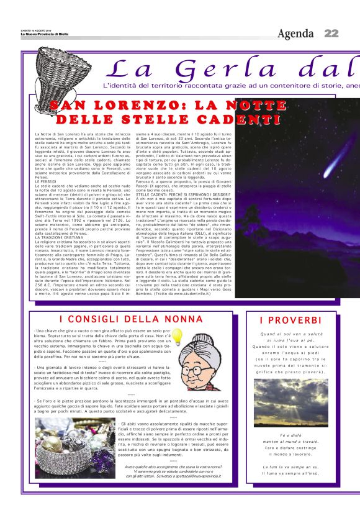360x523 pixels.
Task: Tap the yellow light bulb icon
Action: pos(177,337)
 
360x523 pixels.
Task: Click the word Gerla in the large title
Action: pos(224,68)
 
